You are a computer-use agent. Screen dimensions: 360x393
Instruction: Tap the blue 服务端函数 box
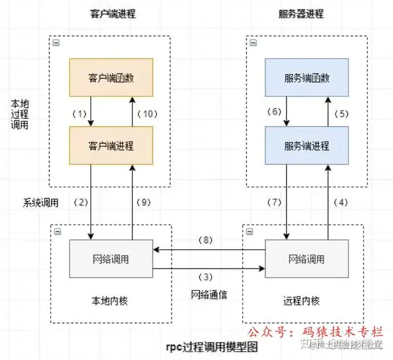[x=306, y=78]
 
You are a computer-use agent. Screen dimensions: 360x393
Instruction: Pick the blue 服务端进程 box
[x=306, y=146]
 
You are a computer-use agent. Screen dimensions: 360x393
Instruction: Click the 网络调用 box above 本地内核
[x=111, y=259]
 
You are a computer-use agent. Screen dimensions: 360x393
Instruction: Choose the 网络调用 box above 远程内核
[x=306, y=259]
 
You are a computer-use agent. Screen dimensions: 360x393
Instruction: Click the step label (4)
[x=341, y=203]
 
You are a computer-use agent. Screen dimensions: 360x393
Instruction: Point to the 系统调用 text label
[x=41, y=203]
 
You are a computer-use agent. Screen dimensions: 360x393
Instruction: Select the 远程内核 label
[x=306, y=300]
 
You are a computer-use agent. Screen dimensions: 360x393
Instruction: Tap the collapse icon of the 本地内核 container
[x=56, y=231]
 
